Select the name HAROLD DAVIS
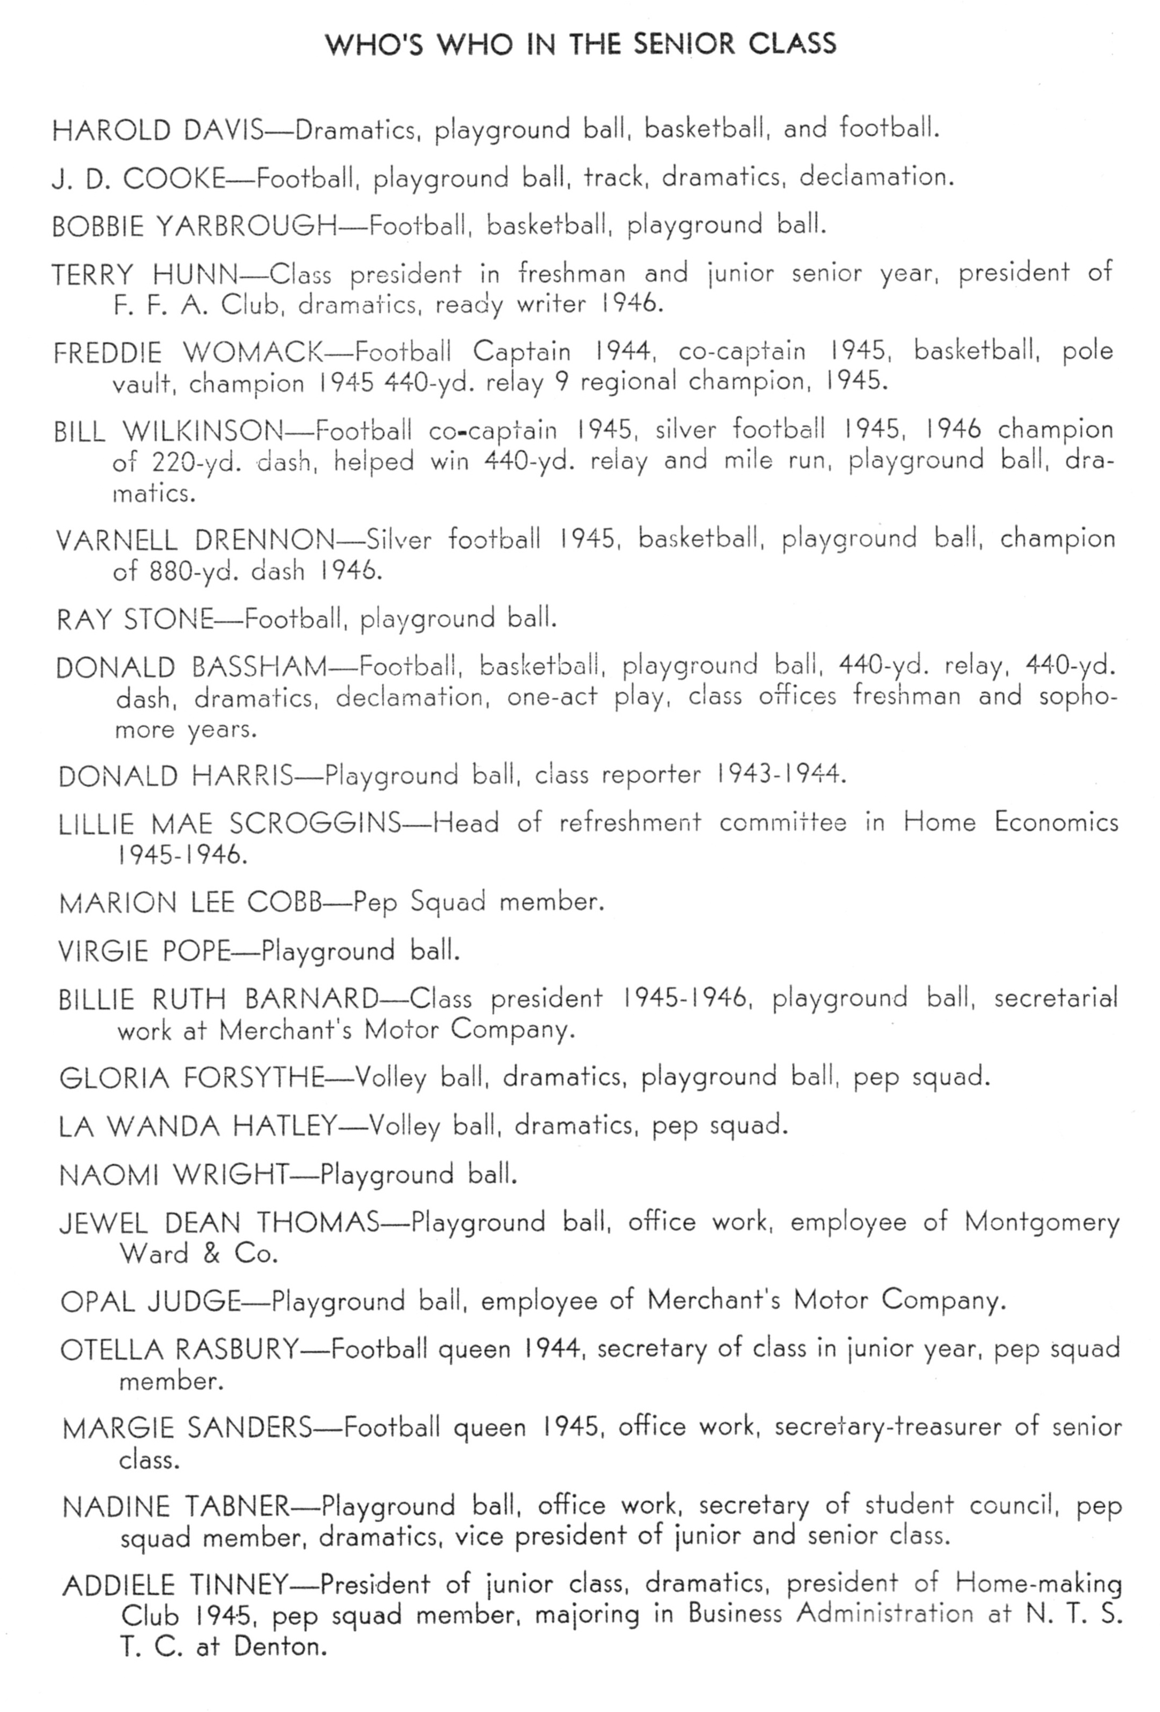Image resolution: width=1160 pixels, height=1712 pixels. [x=158, y=131]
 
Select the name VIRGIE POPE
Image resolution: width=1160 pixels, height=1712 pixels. [x=144, y=951]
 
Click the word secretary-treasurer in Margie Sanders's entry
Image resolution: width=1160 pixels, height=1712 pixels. [x=887, y=1428]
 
